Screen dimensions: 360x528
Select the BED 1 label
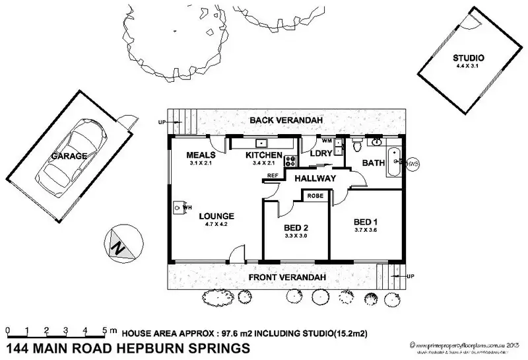[x=366, y=221]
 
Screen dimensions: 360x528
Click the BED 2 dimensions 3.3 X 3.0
[x=296, y=236]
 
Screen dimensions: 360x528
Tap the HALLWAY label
[x=315, y=179]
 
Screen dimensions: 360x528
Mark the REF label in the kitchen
[x=273, y=175]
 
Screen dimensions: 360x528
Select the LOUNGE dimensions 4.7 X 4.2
[x=208, y=224]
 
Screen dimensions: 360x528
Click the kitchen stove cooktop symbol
[x=288, y=161]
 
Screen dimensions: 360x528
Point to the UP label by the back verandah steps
[x=160, y=122]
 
